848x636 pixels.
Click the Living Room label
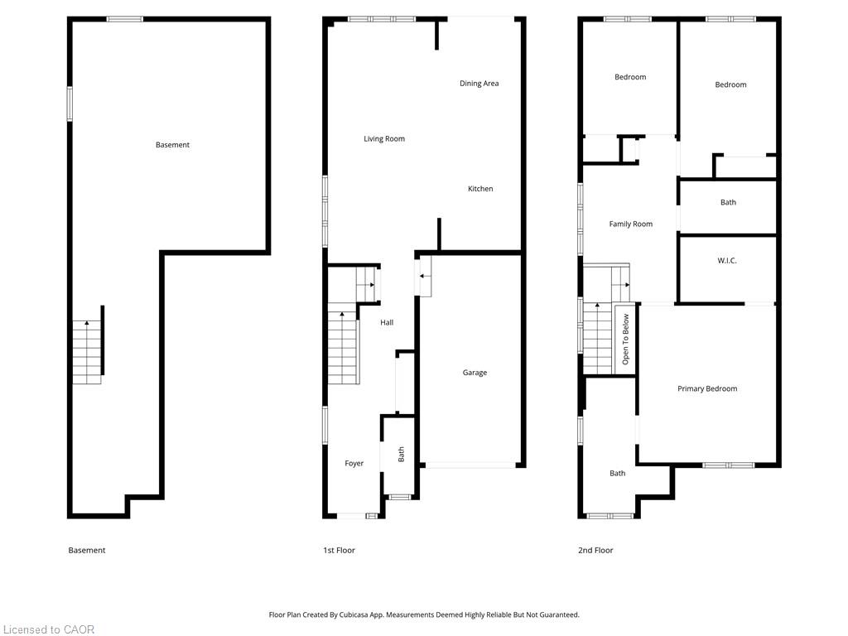pos(384,139)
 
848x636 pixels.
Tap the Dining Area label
pos(479,84)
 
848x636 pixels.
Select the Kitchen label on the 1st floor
pos(480,189)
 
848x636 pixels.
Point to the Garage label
pos(475,373)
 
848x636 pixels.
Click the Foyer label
pos(354,464)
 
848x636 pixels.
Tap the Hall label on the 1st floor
pos(387,322)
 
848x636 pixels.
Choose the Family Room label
pos(630,224)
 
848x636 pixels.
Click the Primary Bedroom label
pos(707,389)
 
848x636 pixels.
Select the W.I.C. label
pos(727,261)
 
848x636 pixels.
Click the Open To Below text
pos(626,339)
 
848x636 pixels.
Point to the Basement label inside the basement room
pos(172,145)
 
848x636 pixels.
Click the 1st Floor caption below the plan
pos(339,551)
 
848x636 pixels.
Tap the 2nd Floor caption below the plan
pos(595,551)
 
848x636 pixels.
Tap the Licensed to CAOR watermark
pos(49,629)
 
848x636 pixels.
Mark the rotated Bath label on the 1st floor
pos(402,455)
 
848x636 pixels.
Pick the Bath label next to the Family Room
pos(728,202)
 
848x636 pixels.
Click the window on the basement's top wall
pos(125,20)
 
